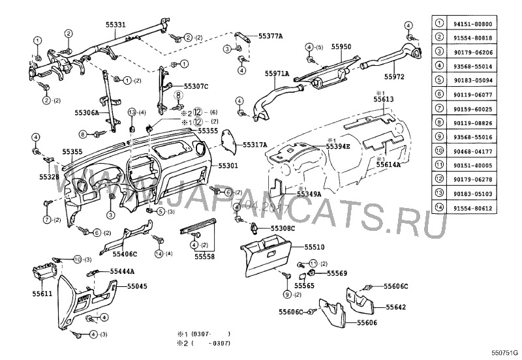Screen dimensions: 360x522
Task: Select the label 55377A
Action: (x=271, y=36)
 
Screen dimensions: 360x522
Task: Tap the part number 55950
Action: (x=341, y=47)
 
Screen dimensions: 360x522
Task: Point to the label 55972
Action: (x=394, y=76)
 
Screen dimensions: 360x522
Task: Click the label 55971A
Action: (x=277, y=74)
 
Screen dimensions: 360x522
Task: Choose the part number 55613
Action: (x=384, y=99)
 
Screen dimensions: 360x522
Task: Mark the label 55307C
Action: (x=196, y=85)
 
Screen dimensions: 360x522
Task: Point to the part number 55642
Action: (x=396, y=307)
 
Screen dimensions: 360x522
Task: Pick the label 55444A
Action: (x=122, y=271)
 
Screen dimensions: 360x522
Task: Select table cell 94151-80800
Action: (x=482, y=23)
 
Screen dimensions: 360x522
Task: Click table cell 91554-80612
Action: (x=482, y=208)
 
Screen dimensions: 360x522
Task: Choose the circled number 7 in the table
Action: (x=440, y=108)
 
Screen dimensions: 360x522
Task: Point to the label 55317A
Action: (x=255, y=145)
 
